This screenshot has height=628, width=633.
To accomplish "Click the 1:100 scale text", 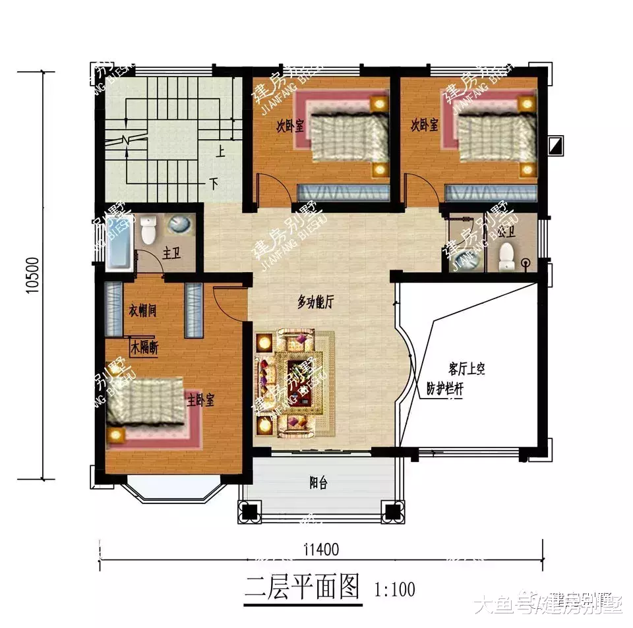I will click(394, 587).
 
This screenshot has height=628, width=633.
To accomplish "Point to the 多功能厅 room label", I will click(316, 302).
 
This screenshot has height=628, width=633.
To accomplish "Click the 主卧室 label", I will click(200, 401).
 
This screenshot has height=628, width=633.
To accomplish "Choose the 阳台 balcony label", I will click(318, 484).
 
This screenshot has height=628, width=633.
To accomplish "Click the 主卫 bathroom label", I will click(173, 253).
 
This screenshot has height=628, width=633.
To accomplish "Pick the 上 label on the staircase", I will click(220, 152).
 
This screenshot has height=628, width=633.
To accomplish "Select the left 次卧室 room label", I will click(290, 125).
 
